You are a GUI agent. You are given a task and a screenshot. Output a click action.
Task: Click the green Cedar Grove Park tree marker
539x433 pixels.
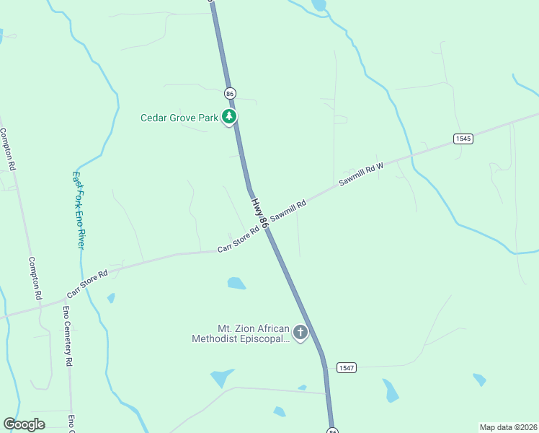click(x=229, y=116)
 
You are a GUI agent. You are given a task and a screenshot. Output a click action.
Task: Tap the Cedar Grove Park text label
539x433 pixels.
click(x=179, y=118)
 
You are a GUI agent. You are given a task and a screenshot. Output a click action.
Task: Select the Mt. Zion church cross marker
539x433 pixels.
click(x=300, y=333)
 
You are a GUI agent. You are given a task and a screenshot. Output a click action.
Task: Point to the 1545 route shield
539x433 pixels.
click(x=463, y=139)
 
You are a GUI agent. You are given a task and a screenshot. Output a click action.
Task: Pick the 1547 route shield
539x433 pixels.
click(x=346, y=367)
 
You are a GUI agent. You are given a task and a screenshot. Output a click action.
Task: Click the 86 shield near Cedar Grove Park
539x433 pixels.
click(x=230, y=93)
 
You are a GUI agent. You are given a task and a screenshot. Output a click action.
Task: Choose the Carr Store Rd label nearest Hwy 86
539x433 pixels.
click(x=239, y=240)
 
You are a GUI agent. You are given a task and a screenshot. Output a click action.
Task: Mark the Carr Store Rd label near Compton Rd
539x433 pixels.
click(x=87, y=284)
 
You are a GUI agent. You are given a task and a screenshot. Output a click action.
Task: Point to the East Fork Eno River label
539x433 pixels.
click(x=79, y=210)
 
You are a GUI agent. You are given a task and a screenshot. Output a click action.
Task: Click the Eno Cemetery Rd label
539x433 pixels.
click(x=67, y=335)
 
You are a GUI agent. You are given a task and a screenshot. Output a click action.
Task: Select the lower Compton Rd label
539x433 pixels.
click(x=35, y=279)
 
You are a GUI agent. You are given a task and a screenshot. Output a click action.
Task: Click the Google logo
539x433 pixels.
click(x=24, y=424)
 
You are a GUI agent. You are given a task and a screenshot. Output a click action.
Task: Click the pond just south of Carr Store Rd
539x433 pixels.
click(x=236, y=283)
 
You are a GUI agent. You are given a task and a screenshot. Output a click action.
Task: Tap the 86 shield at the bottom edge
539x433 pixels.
click(x=332, y=430)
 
